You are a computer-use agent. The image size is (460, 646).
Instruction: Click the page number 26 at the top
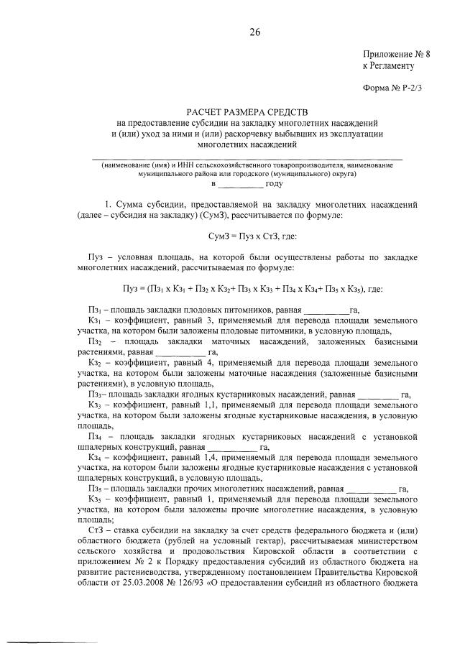(254, 32)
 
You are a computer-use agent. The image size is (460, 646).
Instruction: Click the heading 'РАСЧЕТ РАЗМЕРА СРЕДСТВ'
(247, 113)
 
